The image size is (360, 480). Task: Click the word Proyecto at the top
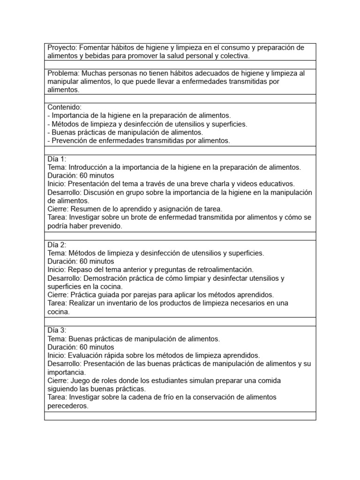62,48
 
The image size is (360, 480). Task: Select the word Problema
63,73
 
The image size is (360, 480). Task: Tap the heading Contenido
64,107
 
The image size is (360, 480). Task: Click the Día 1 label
57,159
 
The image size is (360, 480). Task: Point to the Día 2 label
57,245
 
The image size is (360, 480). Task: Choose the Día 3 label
57,330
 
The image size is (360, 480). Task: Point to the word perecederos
67,406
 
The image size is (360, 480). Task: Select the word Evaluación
86,355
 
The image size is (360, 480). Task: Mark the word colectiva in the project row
233,56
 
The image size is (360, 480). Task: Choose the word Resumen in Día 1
84,209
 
